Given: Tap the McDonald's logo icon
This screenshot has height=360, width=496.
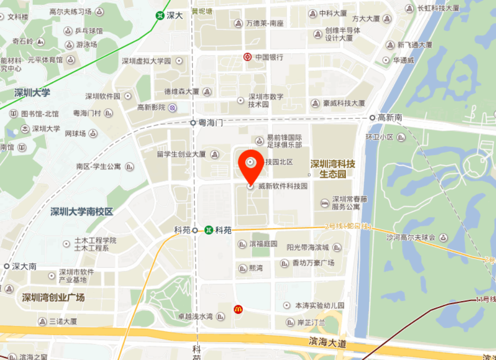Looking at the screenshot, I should (238, 309).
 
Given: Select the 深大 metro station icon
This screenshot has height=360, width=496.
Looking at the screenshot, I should (160, 15).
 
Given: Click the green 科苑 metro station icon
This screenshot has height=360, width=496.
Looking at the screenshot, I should (209, 230).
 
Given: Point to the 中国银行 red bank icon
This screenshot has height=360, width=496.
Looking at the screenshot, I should (247, 57).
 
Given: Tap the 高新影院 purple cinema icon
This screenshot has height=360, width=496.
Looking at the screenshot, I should (173, 107).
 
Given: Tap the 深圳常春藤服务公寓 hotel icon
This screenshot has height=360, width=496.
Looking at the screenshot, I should (325, 203).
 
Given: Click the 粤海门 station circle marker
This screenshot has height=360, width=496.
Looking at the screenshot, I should (193, 123).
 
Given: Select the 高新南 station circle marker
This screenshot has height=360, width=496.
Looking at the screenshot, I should (373, 118).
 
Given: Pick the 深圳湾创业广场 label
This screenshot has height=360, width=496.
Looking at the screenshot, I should (53, 298).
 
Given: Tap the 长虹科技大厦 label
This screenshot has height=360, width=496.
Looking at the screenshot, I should (438, 8).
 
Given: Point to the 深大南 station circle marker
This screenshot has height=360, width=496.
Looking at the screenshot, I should (6, 266).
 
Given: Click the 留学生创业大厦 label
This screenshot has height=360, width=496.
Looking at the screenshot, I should (181, 154).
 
